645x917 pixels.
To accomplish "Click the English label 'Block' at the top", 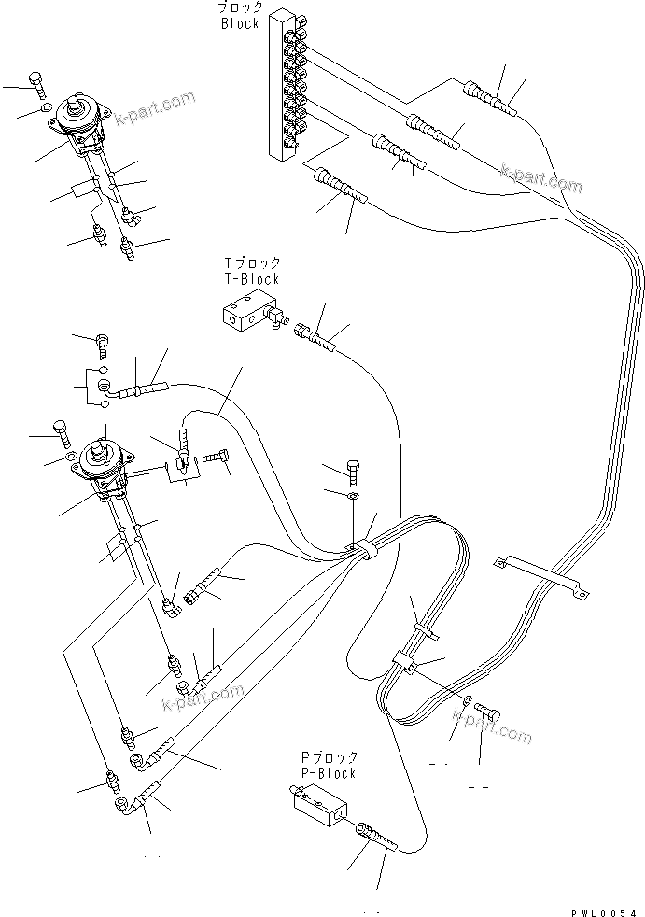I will point(240,23).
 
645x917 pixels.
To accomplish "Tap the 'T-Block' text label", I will point(250,278).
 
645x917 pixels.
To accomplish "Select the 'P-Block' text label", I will point(328,773).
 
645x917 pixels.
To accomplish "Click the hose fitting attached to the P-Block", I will point(373,835).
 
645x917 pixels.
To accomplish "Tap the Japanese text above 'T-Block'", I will point(250,263).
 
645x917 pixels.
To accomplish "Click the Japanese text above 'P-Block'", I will point(328,758).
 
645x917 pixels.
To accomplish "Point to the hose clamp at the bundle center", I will point(366,552).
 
